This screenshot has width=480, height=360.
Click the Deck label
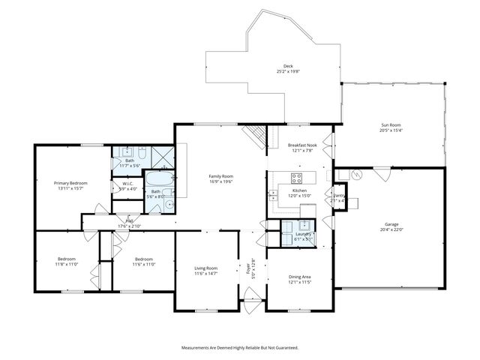288,67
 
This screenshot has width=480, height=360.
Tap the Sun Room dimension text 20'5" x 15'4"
391,130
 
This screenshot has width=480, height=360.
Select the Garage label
392,224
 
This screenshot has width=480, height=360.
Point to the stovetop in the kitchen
296,178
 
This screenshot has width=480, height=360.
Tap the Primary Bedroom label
70,183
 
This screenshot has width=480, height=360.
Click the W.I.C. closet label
128,184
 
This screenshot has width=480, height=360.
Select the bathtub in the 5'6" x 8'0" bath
158,181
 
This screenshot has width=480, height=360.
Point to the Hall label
130,220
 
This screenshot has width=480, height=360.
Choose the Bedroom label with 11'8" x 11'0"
66,259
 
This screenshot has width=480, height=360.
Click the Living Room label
206,268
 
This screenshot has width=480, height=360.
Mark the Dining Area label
301,277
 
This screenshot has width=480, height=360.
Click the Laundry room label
303,234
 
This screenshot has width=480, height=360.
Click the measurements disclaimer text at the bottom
240,348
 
